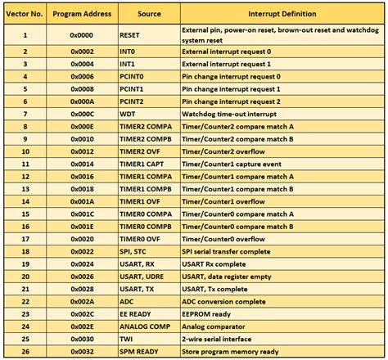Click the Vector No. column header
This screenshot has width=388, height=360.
click(25, 14)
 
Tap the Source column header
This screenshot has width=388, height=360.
click(149, 14)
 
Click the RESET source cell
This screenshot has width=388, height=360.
click(131, 36)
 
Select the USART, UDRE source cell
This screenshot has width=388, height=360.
click(143, 277)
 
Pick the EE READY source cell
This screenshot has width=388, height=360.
click(138, 314)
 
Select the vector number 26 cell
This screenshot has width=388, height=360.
click(25, 352)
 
